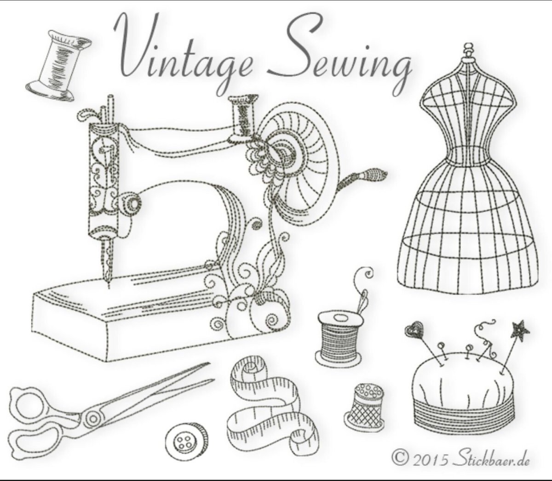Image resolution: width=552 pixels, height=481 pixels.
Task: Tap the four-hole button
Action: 185,441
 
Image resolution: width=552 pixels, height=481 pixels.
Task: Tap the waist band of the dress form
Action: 468,156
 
